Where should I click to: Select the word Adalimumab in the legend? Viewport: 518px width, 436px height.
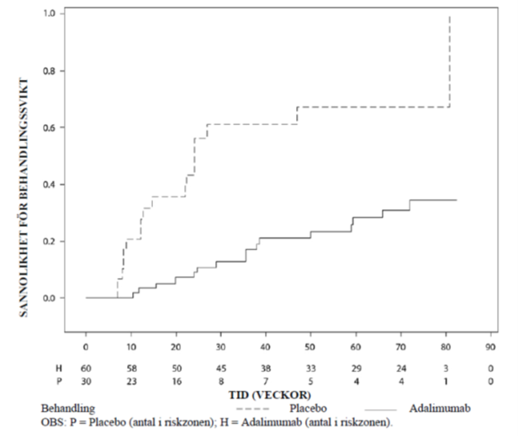click(445, 407)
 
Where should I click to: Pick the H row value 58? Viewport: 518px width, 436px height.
click(130, 367)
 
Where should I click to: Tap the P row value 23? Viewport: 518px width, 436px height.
click(130, 381)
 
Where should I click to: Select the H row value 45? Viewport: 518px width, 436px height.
click(220, 367)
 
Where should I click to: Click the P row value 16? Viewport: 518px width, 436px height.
click(176, 381)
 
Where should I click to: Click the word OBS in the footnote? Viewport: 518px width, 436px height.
click(40, 421)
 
